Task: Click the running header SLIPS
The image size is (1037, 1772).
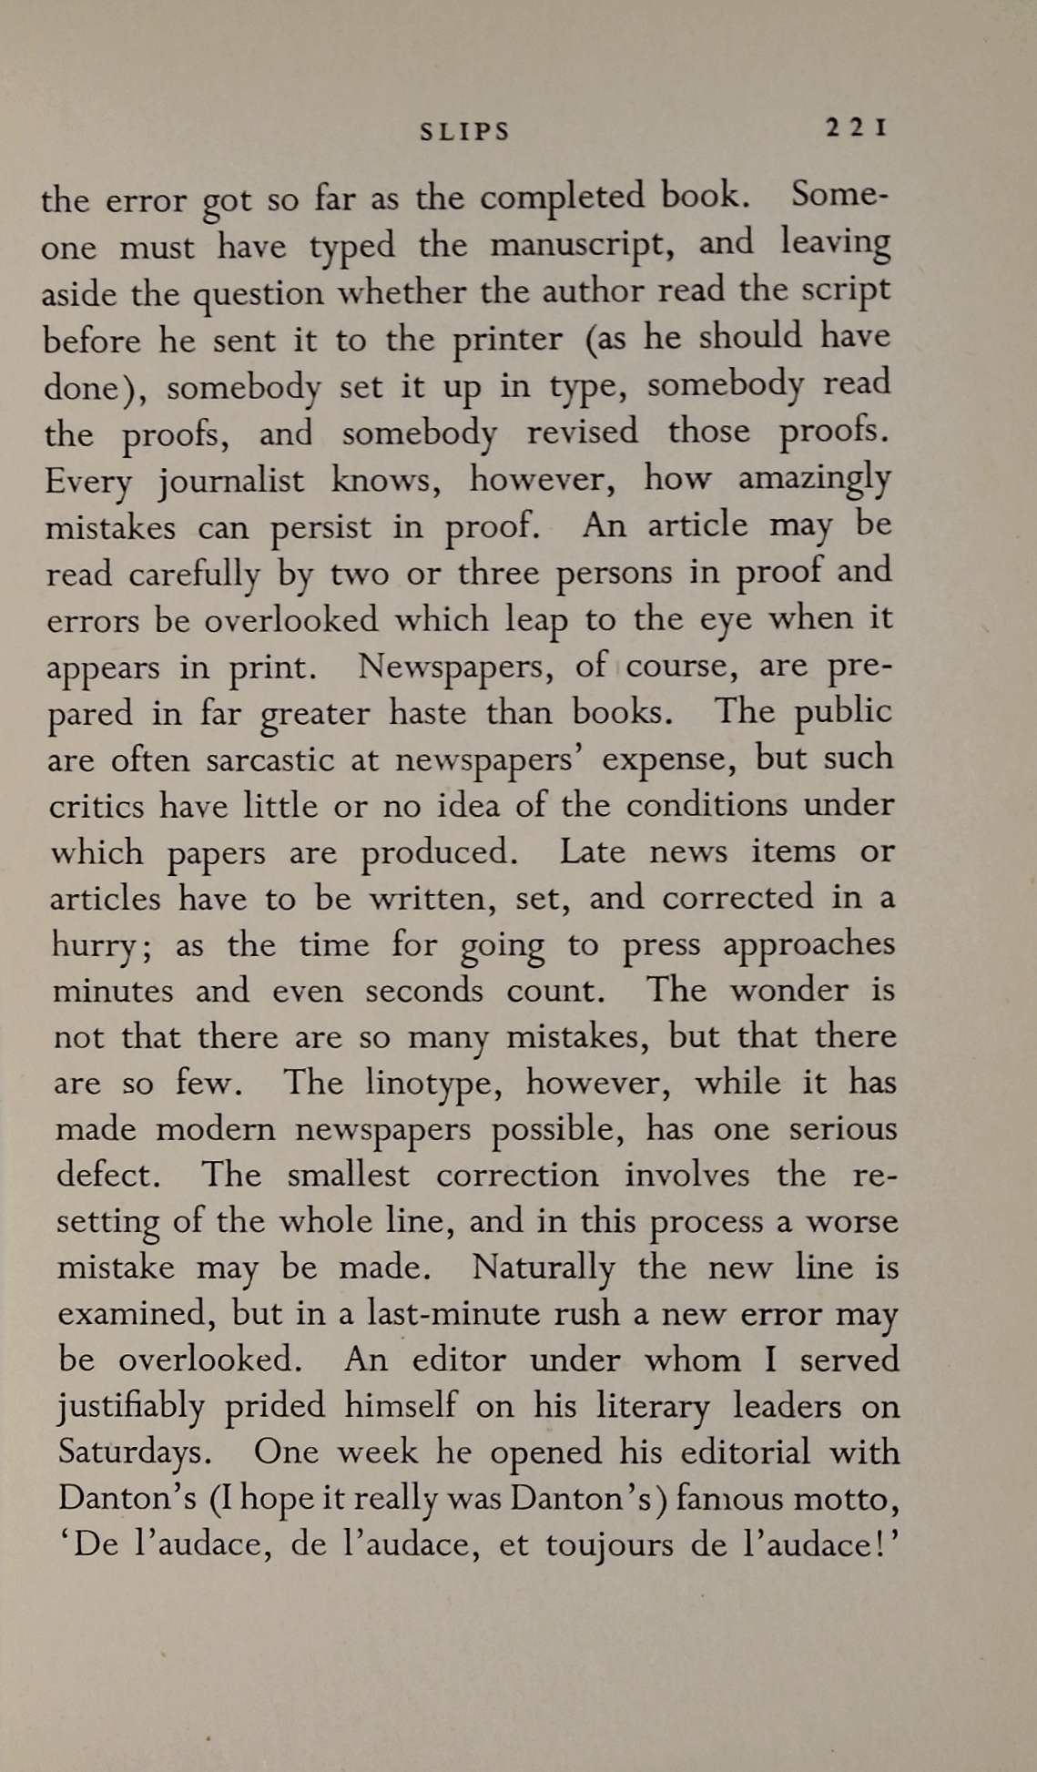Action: (x=464, y=132)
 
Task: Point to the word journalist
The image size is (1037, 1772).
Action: (x=231, y=480)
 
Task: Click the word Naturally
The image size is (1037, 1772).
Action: (x=544, y=1268)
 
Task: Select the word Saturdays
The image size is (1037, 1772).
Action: (x=136, y=1453)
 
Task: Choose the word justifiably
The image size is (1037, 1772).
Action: (x=131, y=1408)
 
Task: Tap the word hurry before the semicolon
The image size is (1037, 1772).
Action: (x=95, y=946)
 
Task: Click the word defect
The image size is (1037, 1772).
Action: (x=108, y=1175)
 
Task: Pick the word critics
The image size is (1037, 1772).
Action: (x=97, y=806)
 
